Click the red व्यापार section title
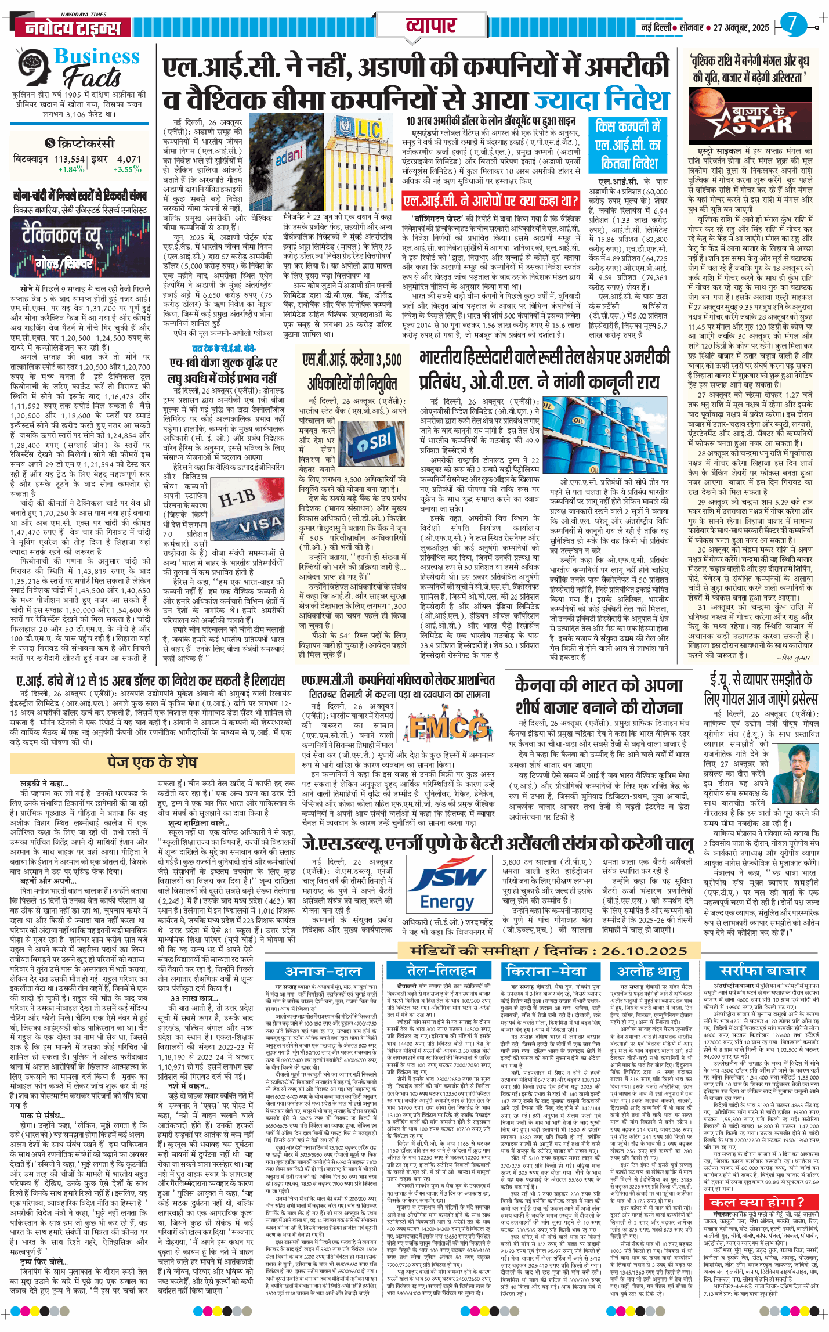tap(430, 26)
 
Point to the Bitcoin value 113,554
tap(69, 158)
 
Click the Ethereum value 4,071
tap(129, 158)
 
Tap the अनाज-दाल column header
tap(323, 971)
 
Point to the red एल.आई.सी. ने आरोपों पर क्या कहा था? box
tap(491, 201)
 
